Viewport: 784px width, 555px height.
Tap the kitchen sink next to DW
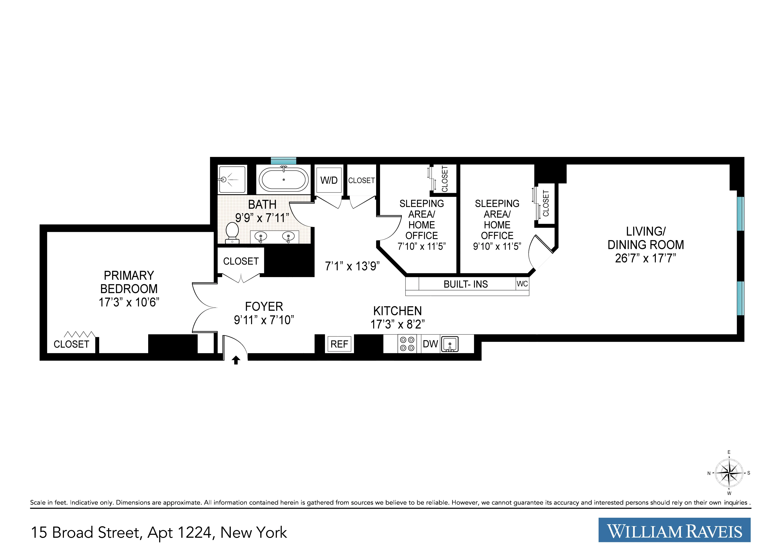point(450,344)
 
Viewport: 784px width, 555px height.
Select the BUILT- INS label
point(465,284)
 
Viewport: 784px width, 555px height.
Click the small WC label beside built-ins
point(522,284)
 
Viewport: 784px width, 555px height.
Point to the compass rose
point(729,473)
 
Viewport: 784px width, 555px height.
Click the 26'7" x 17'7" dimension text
point(645,258)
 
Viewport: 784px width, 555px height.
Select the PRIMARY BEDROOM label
point(129,282)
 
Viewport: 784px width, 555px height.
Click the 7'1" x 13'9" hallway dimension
point(352,266)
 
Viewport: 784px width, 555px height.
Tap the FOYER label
point(264,306)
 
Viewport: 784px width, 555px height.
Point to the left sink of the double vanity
point(261,237)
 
